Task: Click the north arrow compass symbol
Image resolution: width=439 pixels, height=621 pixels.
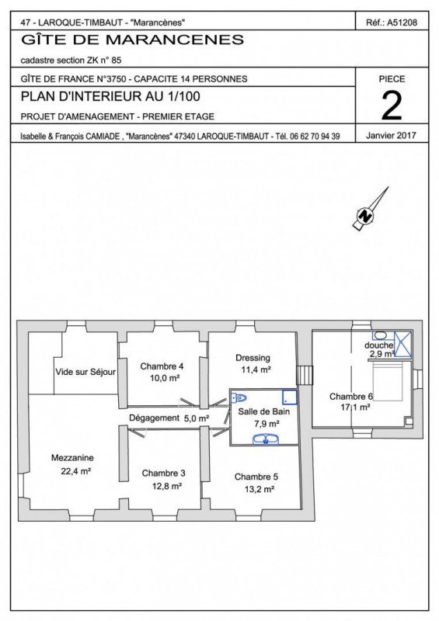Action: [x=369, y=210]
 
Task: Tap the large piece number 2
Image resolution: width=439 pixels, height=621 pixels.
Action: [x=392, y=106]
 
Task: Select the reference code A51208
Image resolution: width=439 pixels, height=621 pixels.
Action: [x=402, y=23]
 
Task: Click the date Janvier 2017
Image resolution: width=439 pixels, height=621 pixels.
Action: [x=391, y=135]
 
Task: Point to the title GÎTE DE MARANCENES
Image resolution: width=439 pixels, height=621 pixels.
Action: [x=132, y=40]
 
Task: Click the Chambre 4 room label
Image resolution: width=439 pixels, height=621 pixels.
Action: [x=162, y=366]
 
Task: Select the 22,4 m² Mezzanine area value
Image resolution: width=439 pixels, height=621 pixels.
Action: [x=76, y=471]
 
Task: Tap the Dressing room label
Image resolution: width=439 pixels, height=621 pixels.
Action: [x=253, y=358]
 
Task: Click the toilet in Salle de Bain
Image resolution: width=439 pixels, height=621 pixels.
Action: [x=239, y=397]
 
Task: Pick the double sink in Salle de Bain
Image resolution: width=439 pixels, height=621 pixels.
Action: [x=266, y=439]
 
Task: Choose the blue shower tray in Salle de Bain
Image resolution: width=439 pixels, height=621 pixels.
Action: [x=290, y=397]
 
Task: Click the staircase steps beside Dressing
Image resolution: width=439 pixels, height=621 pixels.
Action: [x=305, y=375]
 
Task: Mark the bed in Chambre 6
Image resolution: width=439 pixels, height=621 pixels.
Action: [x=388, y=378]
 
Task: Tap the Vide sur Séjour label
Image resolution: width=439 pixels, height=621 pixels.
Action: [x=85, y=372]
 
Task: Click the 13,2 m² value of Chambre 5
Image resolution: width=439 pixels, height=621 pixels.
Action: [x=260, y=489]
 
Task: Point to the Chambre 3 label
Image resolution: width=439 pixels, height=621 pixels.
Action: [x=163, y=473]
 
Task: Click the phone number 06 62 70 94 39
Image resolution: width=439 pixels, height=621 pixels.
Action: [x=315, y=137]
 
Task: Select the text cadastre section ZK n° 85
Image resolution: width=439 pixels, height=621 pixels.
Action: [x=71, y=61]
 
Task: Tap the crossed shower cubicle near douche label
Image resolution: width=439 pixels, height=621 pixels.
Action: [x=403, y=345]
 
